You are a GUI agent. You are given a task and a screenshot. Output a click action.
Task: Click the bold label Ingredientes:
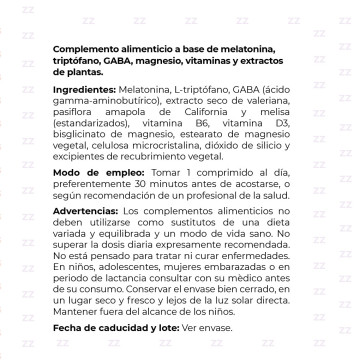coord(87,90)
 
